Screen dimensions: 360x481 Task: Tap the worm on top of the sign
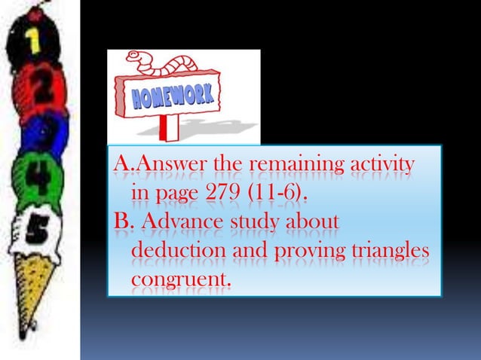click(161, 62)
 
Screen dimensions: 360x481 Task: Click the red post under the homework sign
click(172, 129)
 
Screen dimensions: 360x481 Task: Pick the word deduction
click(174, 252)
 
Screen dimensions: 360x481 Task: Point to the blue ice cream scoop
click(45, 133)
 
